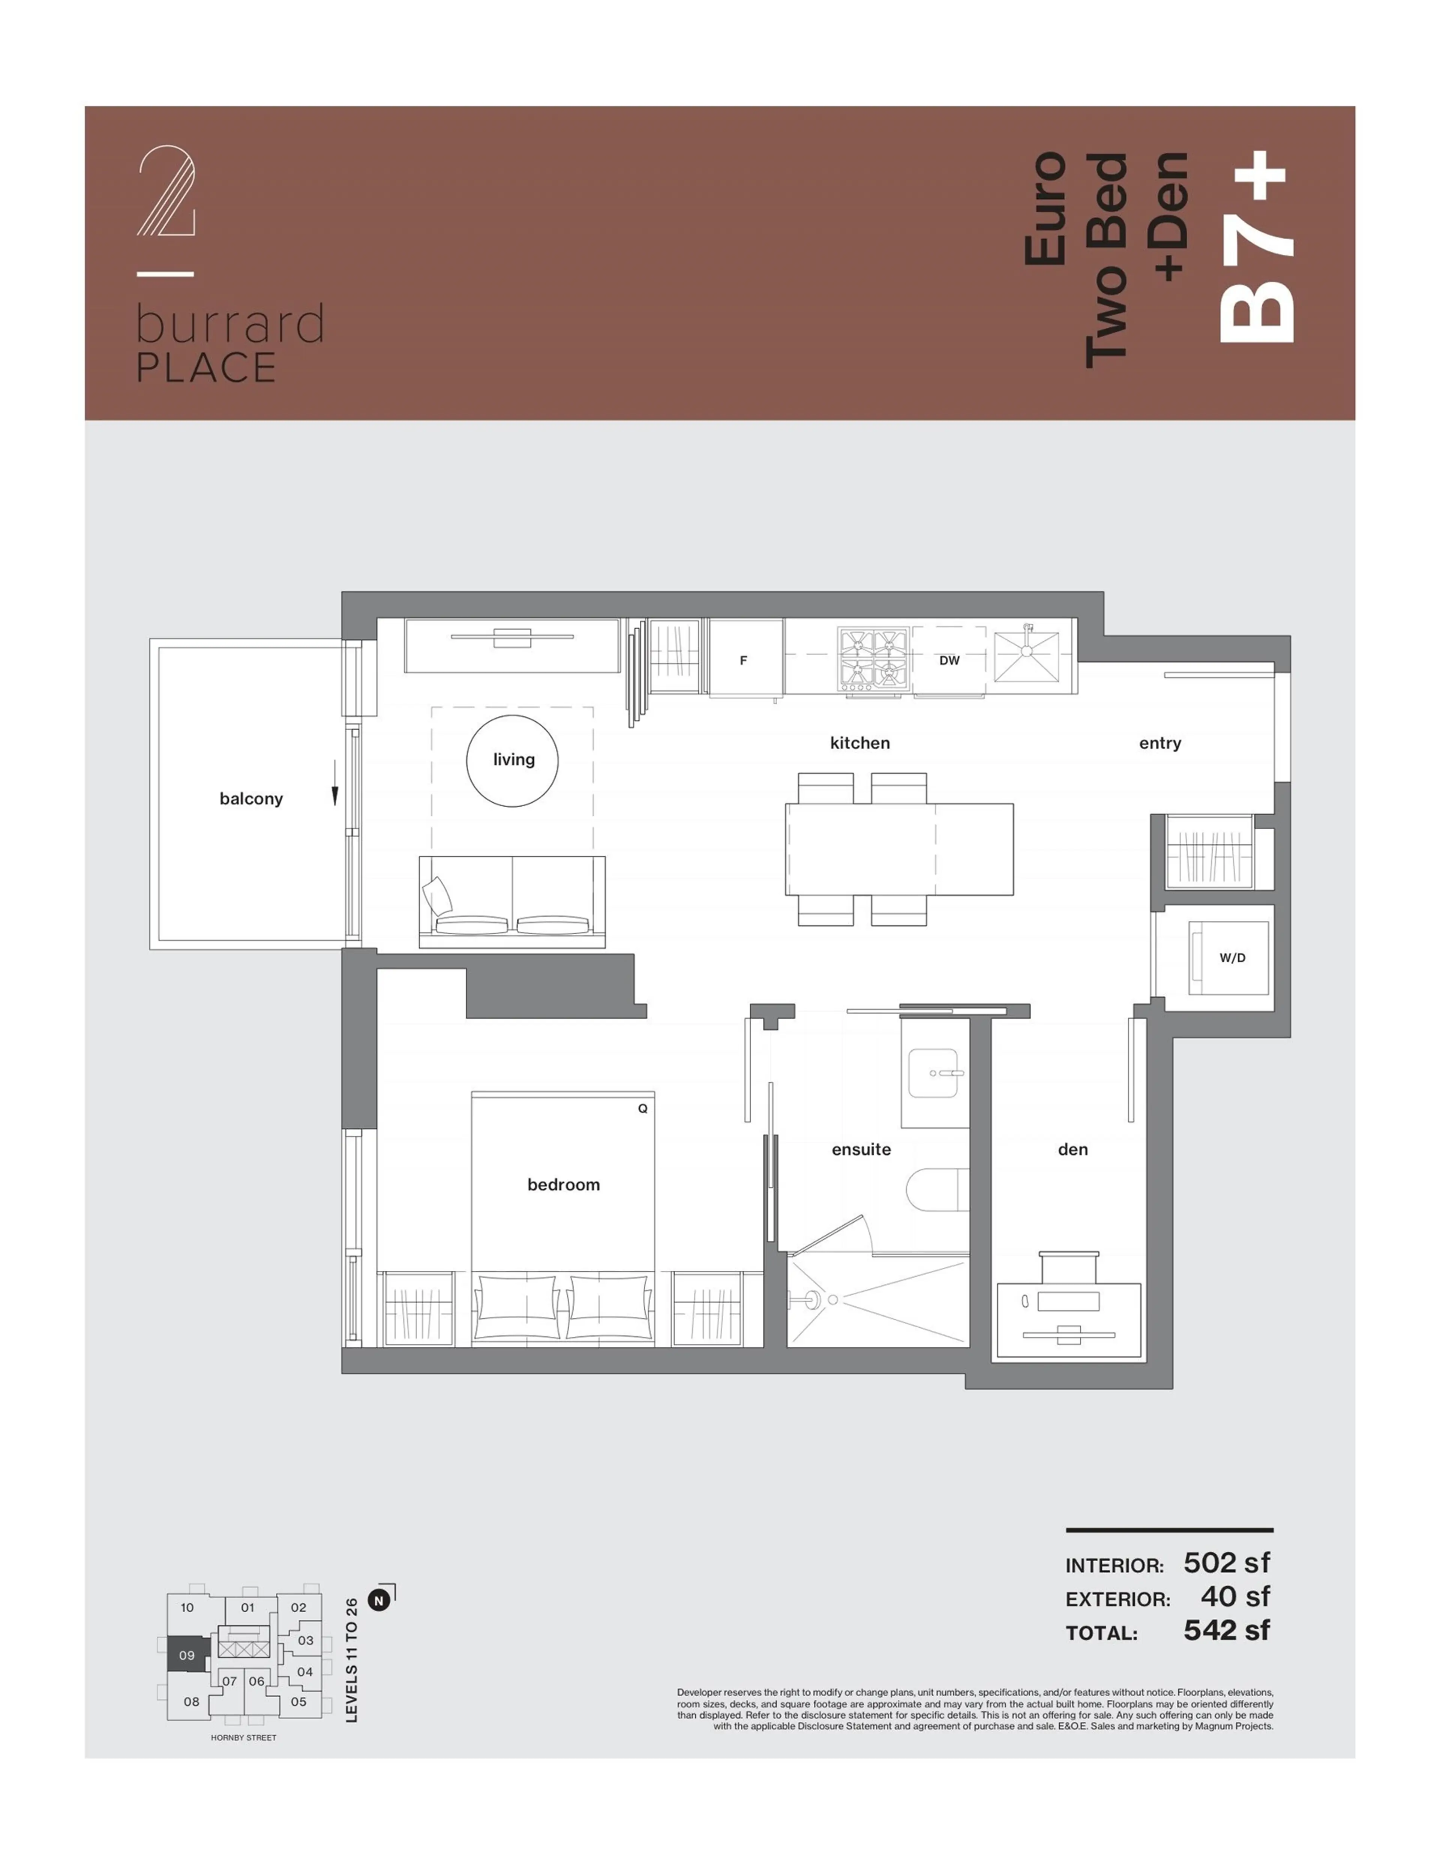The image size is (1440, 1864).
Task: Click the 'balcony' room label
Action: [251, 799]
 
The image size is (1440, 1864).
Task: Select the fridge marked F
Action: [744, 659]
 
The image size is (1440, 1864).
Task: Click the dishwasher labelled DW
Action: [949, 660]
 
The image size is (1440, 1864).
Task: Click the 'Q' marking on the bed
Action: [643, 1109]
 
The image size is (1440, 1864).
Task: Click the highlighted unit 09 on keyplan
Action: [186, 1655]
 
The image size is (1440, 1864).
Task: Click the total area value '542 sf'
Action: [1226, 1630]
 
